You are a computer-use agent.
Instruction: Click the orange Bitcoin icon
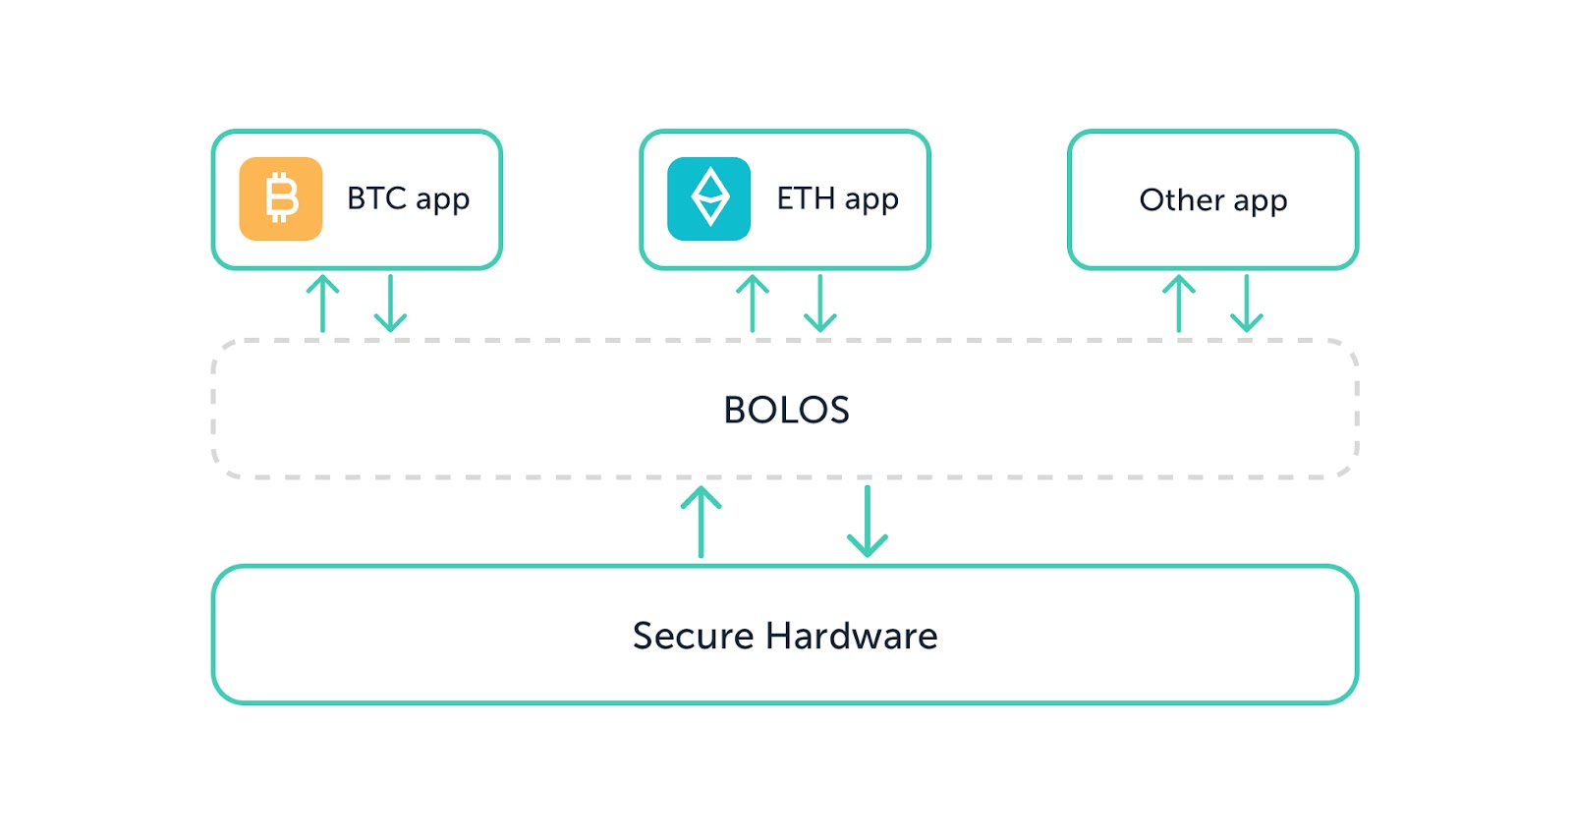click(x=281, y=198)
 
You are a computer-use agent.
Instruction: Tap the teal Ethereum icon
click(x=708, y=198)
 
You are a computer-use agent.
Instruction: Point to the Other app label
click(x=1213, y=200)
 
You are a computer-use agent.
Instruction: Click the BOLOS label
click(x=786, y=410)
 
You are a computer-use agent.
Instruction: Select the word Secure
click(x=694, y=636)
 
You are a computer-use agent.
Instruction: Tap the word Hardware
click(x=851, y=636)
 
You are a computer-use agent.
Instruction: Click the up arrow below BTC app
click(x=323, y=304)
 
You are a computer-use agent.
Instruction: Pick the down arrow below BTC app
click(x=390, y=304)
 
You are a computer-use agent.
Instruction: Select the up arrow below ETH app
click(x=753, y=304)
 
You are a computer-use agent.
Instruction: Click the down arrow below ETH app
click(x=819, y=304)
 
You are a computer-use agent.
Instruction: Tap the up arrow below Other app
click(x=1179, y=304)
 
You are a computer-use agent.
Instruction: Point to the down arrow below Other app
click(x=1247, y=304)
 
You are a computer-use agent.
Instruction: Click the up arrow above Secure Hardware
click(x=702, y=522)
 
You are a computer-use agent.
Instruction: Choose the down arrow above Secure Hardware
click(x=868, y=522)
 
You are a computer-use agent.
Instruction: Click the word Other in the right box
click(x=1181, y=200)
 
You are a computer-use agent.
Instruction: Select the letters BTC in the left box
click(x=377, y=198)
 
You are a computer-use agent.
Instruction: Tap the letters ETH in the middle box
click(x=806, y=198)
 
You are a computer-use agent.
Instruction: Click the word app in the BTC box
click(x=443, y=202)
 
